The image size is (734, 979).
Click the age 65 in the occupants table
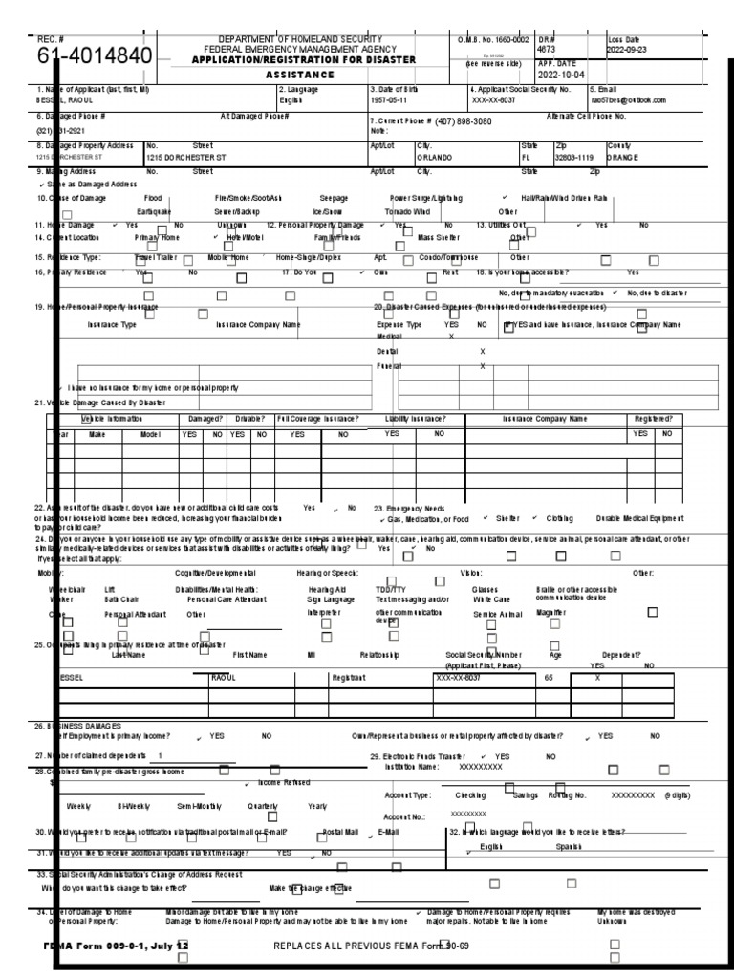pos(548,677)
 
